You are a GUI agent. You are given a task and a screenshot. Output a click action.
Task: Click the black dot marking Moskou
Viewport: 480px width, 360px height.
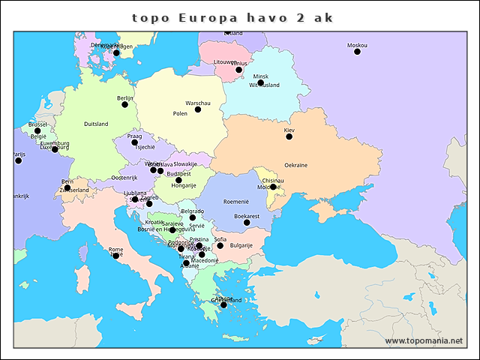click(x=357, y=52)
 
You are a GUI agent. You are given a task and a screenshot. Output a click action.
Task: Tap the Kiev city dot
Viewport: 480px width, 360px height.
click(x=289, y=136)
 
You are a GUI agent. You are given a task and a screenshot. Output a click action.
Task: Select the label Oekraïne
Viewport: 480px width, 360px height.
click(x=295, y=165)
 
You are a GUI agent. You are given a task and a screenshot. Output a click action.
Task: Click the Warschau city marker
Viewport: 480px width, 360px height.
click(x=198, y=109)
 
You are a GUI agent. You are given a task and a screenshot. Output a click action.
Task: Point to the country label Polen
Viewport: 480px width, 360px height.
click(x=180, y=114)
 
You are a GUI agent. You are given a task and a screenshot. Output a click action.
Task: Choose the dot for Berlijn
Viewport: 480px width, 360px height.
click(x=125, y=104)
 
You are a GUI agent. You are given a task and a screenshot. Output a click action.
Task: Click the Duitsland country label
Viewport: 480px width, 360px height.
click(x=96, y=124)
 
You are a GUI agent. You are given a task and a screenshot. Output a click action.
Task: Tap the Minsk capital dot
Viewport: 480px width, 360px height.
click(x=260, y=82)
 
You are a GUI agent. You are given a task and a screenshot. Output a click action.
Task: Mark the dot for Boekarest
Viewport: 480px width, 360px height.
click(x=247, y=222)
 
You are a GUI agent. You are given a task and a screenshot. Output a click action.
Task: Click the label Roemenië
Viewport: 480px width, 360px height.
click(x=235, y=202)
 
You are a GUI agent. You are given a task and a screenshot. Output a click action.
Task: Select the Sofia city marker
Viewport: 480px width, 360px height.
click(x=220, y=245)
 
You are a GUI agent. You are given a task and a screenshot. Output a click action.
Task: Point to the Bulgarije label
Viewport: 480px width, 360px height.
click(x=241, y=245)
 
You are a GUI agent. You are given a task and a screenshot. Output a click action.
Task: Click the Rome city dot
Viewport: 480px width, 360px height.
click(x=115, y=256)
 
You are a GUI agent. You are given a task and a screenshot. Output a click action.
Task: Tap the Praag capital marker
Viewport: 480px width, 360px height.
click(x=135, y=142)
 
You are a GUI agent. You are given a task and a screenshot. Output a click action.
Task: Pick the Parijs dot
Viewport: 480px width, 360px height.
click(x=19, y=160)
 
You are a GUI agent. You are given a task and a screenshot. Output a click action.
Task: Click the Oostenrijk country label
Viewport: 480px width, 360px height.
click(x=124, y=178)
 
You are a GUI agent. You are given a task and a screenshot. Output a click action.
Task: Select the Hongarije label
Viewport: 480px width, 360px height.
click(x=183, y=185)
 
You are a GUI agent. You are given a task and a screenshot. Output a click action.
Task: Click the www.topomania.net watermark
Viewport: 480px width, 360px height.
click(x=424, y=341)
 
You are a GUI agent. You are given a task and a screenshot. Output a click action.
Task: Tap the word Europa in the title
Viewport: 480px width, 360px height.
click(x=199, y=16)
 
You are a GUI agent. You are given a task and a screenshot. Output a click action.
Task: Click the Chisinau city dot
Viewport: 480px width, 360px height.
click(x=273, y=187)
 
